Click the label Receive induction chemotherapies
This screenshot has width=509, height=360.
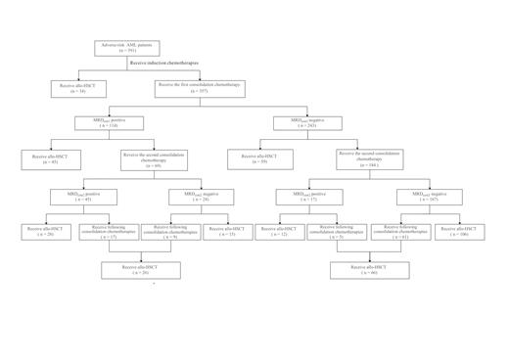164,63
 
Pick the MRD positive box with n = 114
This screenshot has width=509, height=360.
109,123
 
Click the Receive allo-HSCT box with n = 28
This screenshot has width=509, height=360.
43,232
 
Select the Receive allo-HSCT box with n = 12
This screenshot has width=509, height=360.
277,232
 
